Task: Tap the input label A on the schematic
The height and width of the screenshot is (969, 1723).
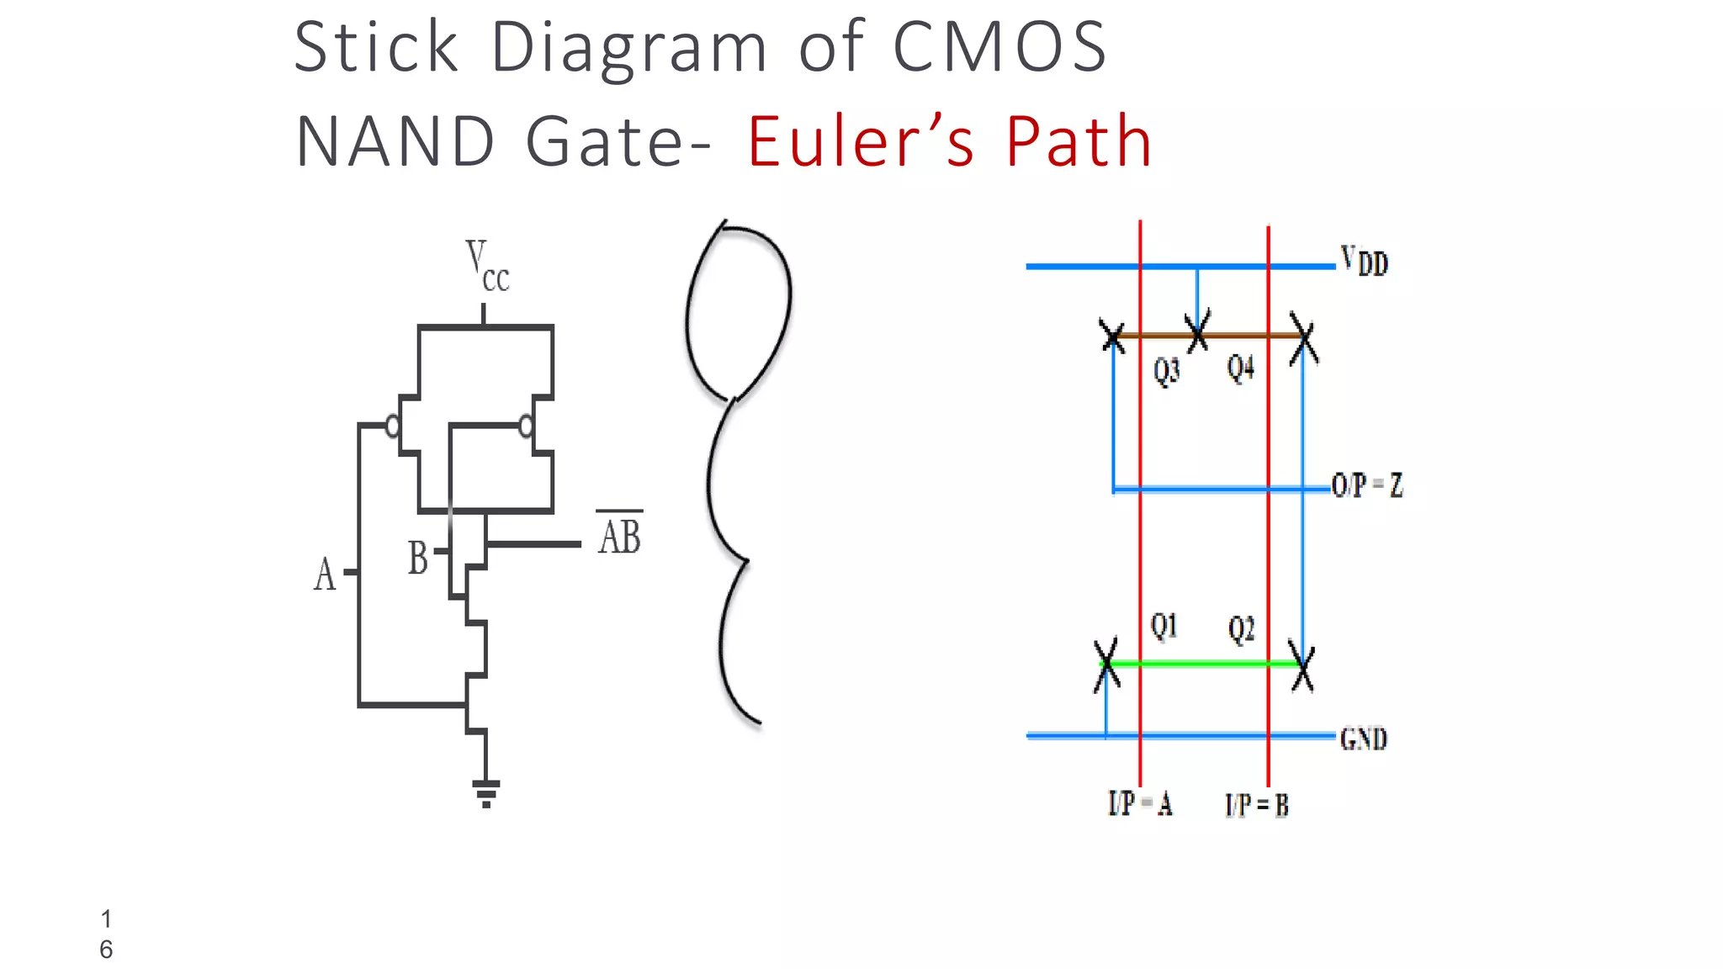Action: click(x=325, y=575)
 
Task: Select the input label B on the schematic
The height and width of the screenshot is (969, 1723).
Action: click(x=418, y=558)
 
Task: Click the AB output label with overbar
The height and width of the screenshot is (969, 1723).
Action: click(x=620, y=536)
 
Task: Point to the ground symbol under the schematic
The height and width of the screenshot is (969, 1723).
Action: click(x=486, y=793)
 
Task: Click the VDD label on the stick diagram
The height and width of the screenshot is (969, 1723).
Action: click(x=1365, y=261)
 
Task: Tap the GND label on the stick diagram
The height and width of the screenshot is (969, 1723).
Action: click(x=1363, y=739)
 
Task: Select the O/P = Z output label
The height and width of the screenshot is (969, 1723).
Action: click(x=1367, y=485)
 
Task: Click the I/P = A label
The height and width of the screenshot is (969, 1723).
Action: click(x=1140, y=804)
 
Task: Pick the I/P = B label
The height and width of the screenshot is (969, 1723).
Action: click(x=1256, y=806)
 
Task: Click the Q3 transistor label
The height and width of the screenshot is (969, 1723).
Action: click(x=1167, y=370)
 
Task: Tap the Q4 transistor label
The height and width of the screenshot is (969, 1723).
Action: click(x=1240, y=368)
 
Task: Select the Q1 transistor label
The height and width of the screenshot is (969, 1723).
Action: click(x=1164, y=626)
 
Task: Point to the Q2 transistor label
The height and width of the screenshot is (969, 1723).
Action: click(x=1241, y=628)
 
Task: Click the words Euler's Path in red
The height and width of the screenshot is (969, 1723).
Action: click(x=949, y=141)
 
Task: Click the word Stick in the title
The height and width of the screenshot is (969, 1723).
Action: click(x=376, y=47)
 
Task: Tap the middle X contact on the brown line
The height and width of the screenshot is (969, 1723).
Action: click(x=1198, y=331)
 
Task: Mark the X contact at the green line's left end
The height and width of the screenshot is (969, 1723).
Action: click(x=1107, y=665)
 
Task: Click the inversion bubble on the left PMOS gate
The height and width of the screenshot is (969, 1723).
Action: click(x=392, y=426)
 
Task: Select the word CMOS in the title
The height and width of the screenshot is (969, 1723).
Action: click(x=999, y=47)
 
